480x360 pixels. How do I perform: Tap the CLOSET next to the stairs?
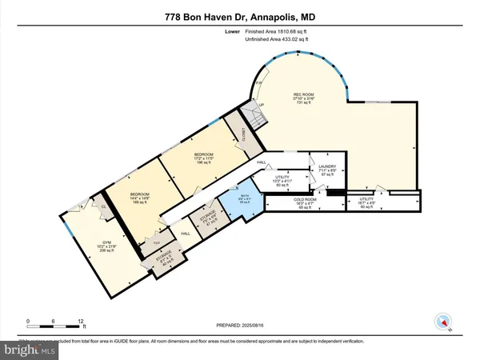click(237, 133)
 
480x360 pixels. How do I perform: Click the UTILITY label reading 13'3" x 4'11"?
click(286, 180)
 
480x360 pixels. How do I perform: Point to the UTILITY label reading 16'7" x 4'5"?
click(366, 202)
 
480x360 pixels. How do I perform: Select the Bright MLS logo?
click(30, 349)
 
